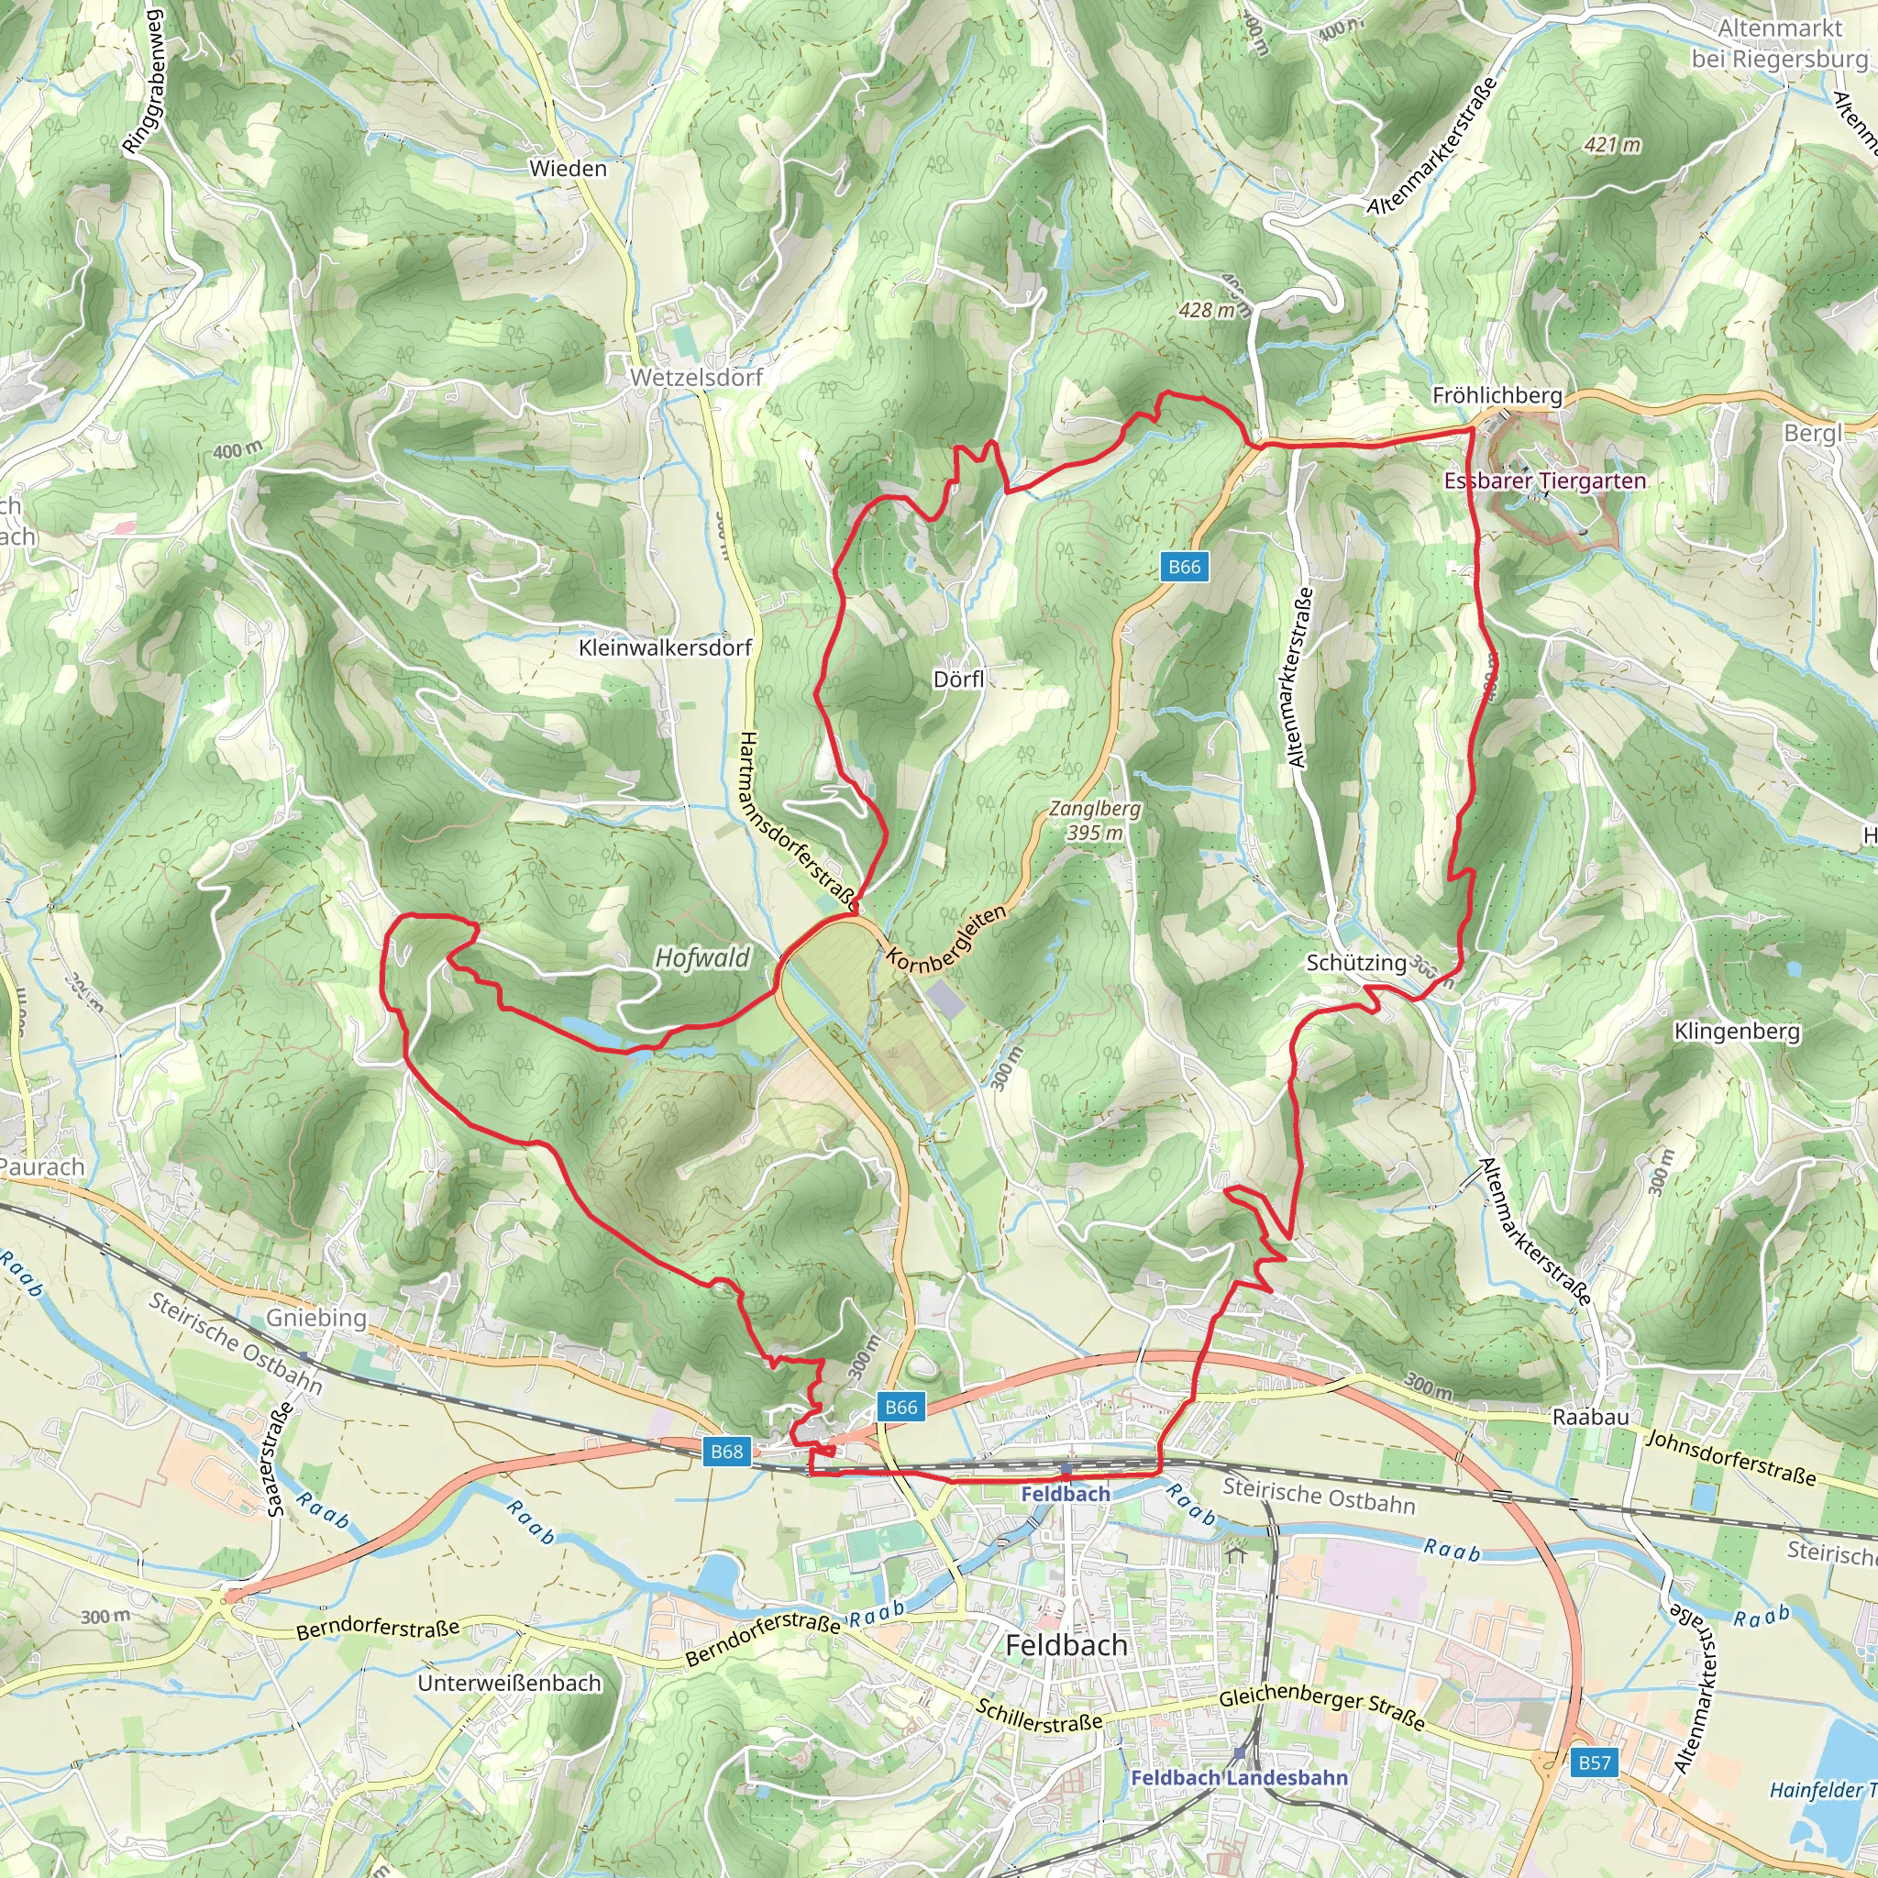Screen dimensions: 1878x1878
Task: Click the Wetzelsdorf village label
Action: (x=696, y=377)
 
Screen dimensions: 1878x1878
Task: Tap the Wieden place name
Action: (x=568, y=168)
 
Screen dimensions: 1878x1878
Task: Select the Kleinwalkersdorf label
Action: (x=665, y=647)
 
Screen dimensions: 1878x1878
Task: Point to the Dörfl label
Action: (x=958, y=679)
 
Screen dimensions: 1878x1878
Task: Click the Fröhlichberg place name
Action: (x=1497, y=395)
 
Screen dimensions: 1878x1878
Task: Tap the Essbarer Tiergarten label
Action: (x=1544, y=481)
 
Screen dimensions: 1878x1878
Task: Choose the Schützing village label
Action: (x=1356, y=962)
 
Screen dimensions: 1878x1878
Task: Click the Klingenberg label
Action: (x=1737, y=1031)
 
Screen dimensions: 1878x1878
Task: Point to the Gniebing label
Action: (x=316, y=1318)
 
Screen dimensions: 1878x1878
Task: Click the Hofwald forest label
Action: (x=701, y=958)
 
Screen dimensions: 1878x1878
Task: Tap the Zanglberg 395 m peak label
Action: (x=1095, y=821)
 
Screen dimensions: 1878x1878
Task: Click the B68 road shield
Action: (x=726, y=1452)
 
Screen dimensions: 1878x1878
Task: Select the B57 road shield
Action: (x=1594, y=1762)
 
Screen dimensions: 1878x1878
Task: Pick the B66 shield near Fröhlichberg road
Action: (x=1184, y=567)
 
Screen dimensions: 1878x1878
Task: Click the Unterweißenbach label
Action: (x=509, y=1683)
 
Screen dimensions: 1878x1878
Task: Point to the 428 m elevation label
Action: (x=1207, y=310)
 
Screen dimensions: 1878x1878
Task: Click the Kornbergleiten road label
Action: (x=945, y=939)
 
